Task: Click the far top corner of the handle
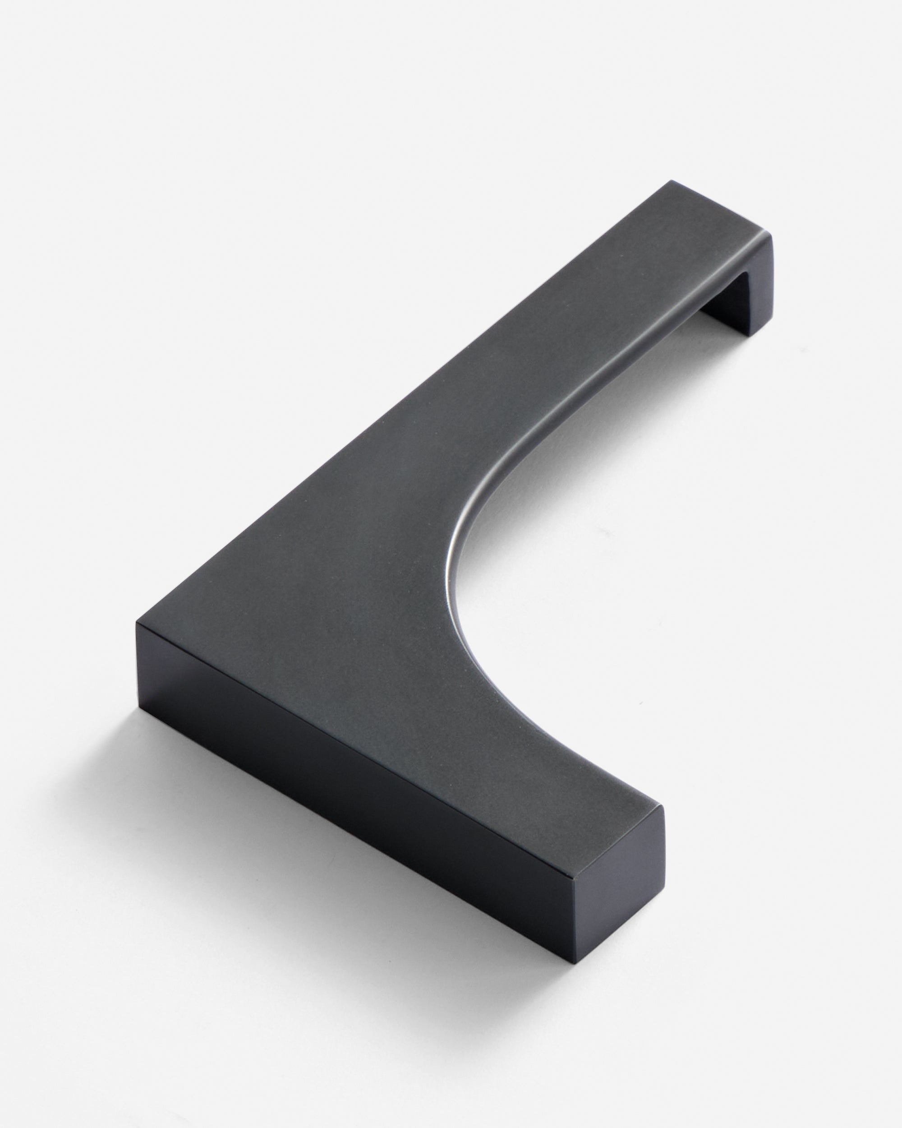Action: (671, 181)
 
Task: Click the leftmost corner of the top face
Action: (137, 623)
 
